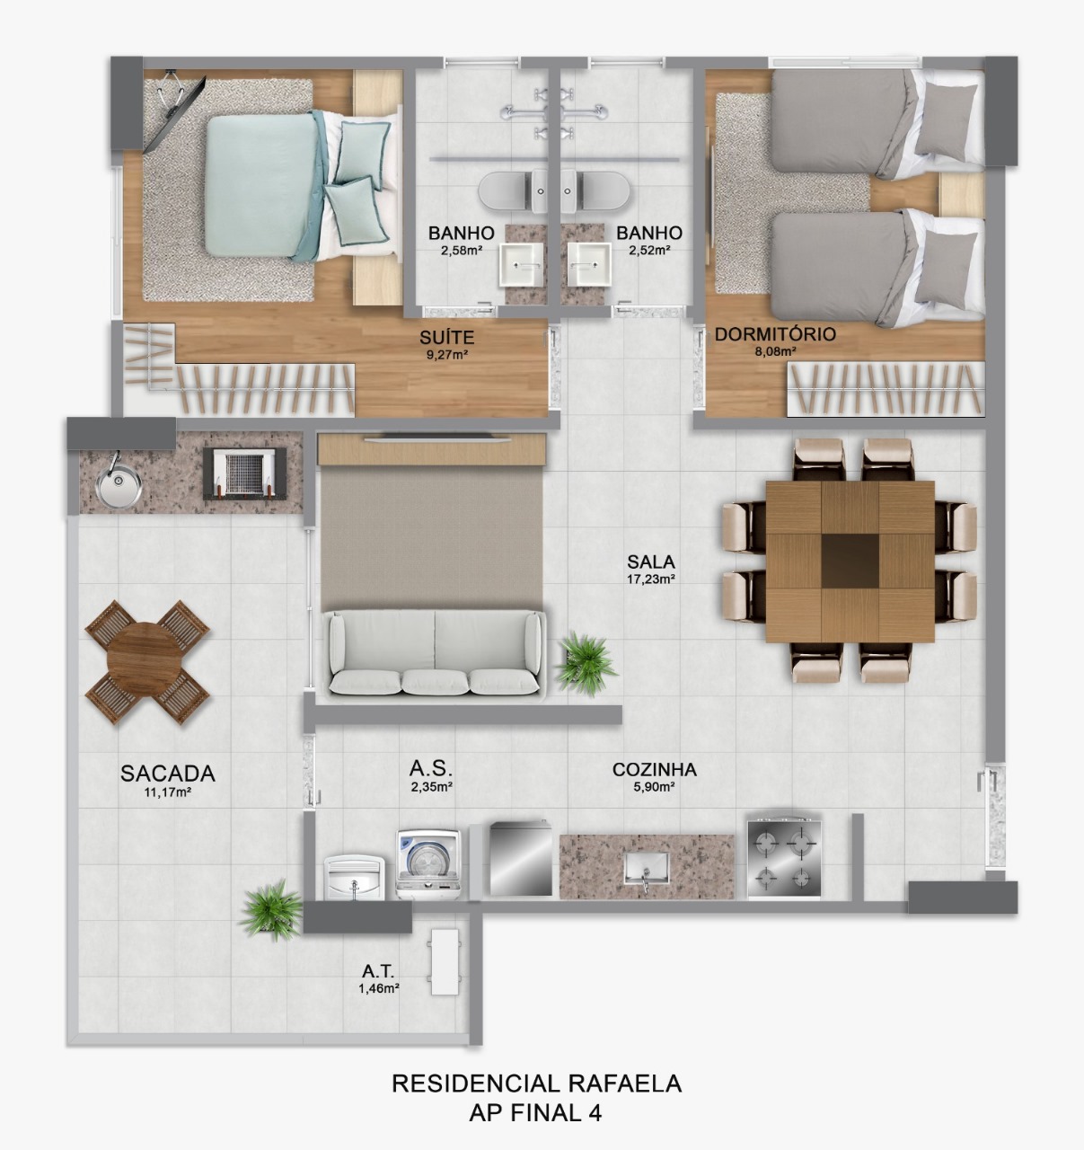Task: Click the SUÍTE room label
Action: [x=446, y=338]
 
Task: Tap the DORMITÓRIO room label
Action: [x=775, y=334]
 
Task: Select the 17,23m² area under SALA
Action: [x=651, y=579]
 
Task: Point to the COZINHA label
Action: [x=654, y=769]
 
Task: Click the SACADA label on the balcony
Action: [x=168, y=774]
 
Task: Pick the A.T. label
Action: [x=378, y=971]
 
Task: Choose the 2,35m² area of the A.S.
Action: [x=431, y=786]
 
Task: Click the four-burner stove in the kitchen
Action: [x=784, y=857]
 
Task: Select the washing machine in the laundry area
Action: [x=429, y=863]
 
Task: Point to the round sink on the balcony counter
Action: [x=119, y=486]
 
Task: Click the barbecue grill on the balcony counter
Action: [x=245, y=473]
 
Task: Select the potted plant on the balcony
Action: [x=272, y=909]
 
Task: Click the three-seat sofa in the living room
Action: [x=436, y=653]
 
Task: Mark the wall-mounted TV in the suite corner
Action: [x=175, y=111]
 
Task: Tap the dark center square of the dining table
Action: [x=850, y=560]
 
